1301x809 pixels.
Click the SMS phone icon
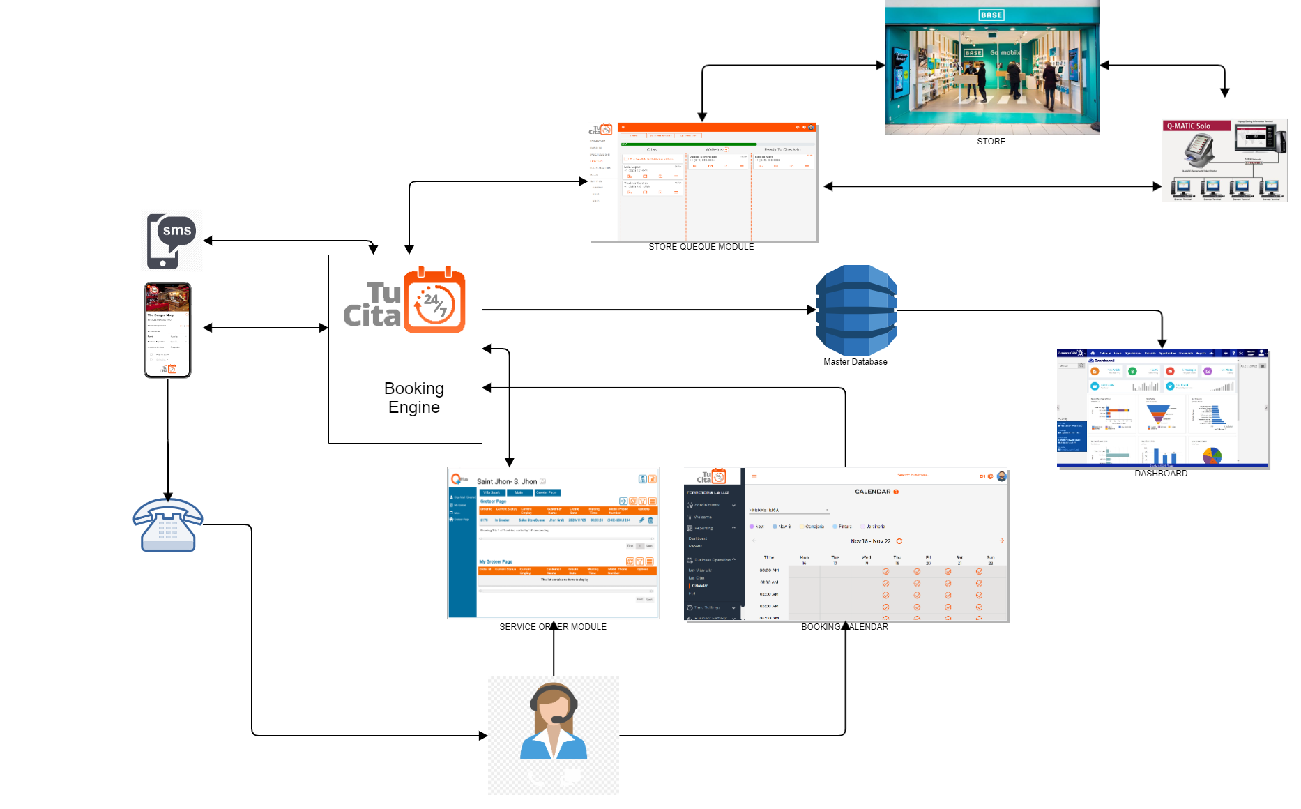(171, 241)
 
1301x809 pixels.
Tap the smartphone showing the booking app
(167, 330)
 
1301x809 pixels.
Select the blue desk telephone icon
(168, 525)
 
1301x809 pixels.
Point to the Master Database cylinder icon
(856, 310)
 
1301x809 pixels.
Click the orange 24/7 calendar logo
(434, 301)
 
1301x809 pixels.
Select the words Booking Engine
(414, 398)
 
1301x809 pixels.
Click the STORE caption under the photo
(991, 142)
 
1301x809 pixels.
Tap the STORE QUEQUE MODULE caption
(701, 247)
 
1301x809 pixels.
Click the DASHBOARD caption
(1161, 474)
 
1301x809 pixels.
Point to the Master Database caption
(855, 362)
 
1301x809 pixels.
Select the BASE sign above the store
(991, 15)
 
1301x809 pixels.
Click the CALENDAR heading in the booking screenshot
(872, 492)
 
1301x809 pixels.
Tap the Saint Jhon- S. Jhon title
(507, 481)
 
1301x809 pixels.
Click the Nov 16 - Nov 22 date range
(871, 541)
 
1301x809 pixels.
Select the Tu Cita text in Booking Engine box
(374, 305)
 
